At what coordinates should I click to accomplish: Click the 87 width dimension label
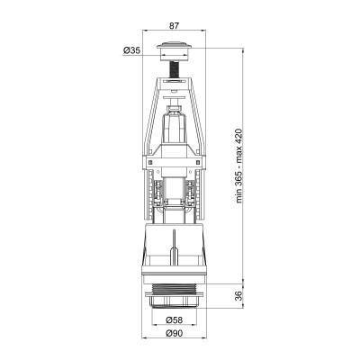click(174, 25)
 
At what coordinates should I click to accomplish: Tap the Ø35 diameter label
click(131, 50)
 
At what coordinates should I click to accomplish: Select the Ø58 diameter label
click(174, 320)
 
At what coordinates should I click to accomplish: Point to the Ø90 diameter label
click(174, 333)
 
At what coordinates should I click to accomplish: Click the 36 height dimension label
click(238, 295)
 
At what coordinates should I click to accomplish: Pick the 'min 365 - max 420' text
click(238, 166)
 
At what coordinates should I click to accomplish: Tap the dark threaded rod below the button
click(174, 69)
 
